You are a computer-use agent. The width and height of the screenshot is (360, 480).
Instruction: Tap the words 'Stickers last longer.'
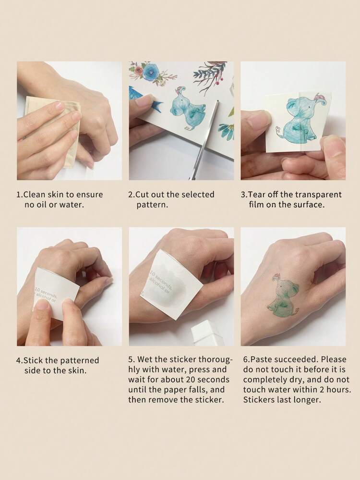[x=282, y=400]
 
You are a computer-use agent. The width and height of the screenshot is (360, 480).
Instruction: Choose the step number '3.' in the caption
[x=244, y=195]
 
